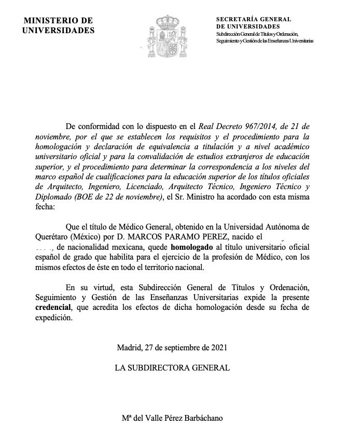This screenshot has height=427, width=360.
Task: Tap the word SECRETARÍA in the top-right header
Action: point(239,19)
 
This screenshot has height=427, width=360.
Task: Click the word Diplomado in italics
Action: point(77,196)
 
